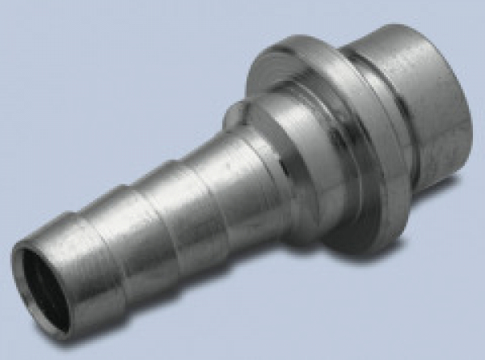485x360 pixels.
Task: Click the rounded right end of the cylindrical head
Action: coord(465,117)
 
